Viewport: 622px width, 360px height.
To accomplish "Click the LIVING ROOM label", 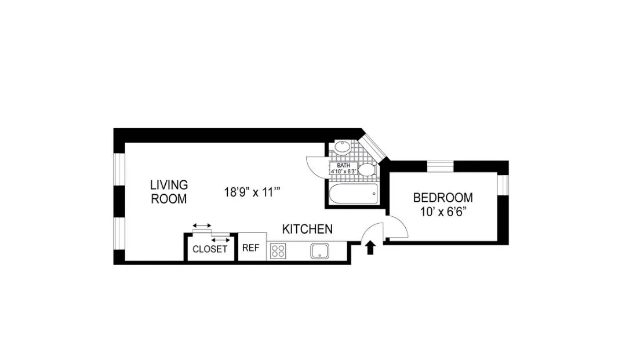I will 169,192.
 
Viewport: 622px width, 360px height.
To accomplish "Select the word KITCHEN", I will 307,229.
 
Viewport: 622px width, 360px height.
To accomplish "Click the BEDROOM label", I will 442,198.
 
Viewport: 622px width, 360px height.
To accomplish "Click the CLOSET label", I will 210,250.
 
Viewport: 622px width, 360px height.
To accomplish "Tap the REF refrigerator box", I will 250,248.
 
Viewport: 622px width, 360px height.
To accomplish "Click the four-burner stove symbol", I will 278,251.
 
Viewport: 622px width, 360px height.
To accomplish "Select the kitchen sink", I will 319,251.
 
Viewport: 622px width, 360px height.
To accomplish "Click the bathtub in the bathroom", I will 352,193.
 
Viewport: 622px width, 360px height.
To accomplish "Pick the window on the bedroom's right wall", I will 503,184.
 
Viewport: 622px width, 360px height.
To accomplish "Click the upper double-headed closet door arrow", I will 202,226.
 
